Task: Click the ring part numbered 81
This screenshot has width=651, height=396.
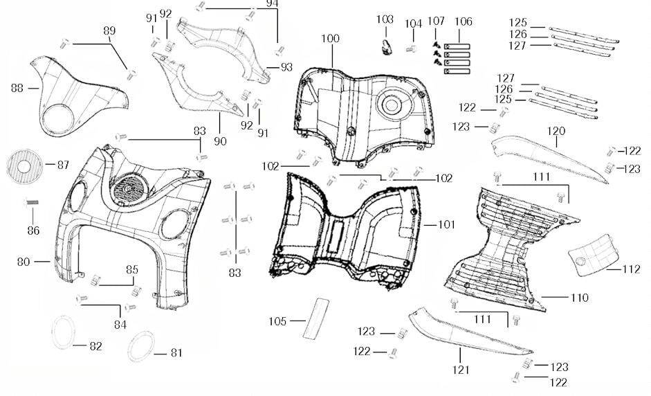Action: tap(143, 345)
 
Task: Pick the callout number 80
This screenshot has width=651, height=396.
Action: tap(24, 262)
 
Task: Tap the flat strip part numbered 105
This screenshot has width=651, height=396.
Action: tap(315, 318)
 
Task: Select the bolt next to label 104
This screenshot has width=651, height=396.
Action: tap(412, 48)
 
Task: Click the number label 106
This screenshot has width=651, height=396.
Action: tap(464, 22)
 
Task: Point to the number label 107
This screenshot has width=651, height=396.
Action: tap(437, 22)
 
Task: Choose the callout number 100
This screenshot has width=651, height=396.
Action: tap(331, 39)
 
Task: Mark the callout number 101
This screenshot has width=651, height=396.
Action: tap(448, 224)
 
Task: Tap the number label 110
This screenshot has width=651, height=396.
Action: tap(579, 298)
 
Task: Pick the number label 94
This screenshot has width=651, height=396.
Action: tap(273, 3)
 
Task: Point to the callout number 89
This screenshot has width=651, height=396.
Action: tap(109, 30)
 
